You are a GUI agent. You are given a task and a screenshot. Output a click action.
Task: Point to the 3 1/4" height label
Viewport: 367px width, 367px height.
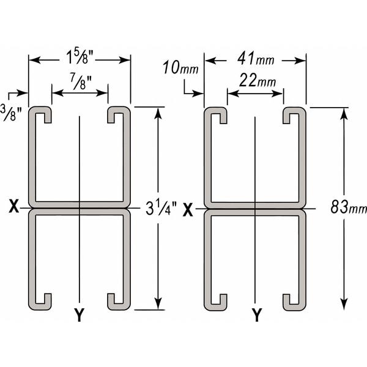161,208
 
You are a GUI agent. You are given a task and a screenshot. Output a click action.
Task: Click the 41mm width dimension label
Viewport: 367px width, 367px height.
256,59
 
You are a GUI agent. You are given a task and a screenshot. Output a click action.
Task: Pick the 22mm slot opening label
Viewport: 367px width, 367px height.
257,80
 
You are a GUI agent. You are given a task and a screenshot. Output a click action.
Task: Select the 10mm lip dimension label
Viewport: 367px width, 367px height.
180,67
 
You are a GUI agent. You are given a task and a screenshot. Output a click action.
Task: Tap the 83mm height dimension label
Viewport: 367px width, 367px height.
349,207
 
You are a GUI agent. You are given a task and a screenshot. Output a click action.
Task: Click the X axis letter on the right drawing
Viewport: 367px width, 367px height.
188,210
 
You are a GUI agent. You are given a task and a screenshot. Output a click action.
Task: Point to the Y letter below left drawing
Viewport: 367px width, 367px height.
80,315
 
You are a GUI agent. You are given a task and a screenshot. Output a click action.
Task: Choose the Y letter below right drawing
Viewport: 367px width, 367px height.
257,315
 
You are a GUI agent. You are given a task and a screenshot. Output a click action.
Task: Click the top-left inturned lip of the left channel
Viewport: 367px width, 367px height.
48,115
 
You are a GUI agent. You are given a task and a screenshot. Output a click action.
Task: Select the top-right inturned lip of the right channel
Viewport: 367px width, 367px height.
286,116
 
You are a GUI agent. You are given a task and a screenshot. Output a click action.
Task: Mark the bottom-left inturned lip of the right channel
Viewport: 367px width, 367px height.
223,302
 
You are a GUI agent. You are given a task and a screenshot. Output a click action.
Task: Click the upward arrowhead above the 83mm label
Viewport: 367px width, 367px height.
344,114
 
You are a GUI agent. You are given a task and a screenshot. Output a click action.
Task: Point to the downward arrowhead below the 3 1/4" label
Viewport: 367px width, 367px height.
158,303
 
